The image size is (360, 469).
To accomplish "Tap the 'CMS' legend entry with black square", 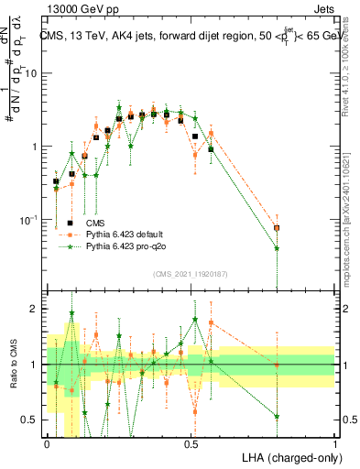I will tap(95, 223).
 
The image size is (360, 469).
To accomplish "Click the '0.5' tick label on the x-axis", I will tap(191, 442).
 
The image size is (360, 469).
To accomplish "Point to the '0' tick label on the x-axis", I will tap(47, 442).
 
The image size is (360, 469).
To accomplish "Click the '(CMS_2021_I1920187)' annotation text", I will tap(191, 274).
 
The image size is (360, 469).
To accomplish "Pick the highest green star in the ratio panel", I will tap(71, 313).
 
